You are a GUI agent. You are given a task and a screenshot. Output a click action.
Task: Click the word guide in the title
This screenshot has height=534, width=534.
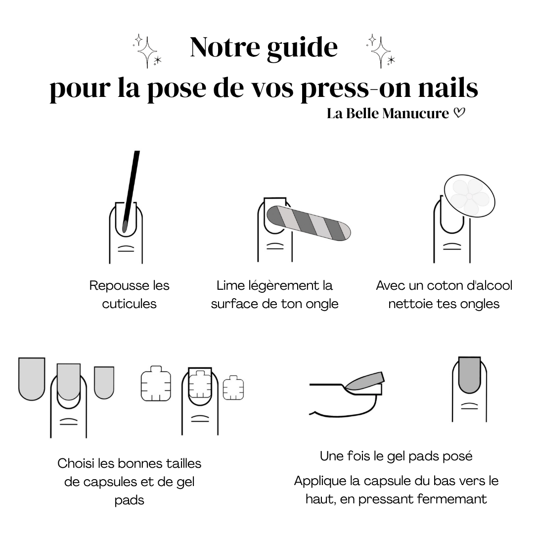pos(302,48)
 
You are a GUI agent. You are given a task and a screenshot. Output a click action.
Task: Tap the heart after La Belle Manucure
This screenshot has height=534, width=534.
pos(459,113)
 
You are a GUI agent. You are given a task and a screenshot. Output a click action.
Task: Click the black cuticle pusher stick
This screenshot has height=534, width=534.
pos(131,192)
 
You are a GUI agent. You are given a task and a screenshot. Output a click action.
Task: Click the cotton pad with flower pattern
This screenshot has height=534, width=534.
pos(469,196)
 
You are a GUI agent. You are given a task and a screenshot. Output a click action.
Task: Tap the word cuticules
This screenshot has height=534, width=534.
pos(129,304)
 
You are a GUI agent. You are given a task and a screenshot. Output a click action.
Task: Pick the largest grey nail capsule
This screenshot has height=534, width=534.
pos(32,379)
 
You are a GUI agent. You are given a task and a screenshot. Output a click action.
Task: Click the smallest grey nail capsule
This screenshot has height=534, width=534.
pos(104,382)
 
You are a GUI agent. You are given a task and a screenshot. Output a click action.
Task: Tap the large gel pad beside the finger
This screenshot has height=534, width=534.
pos(156,383)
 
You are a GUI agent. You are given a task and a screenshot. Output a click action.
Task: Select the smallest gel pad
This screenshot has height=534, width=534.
pos(233,388)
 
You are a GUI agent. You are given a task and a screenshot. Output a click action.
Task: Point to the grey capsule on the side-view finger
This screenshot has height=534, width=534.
pos(364,381)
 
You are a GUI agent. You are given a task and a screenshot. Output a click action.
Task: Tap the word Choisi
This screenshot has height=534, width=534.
pos(76,463)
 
